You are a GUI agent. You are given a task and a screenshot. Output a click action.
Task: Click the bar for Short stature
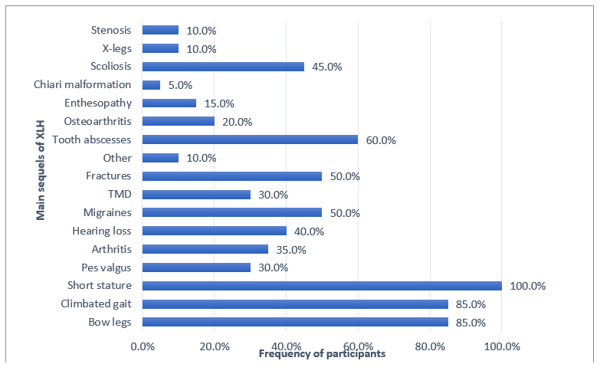point(322,286)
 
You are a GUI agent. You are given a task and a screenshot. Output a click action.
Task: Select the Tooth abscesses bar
point(250,139)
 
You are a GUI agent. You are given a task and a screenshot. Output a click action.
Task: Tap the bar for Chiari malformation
point(151,85)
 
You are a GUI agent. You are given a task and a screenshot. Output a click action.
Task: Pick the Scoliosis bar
point(223,67)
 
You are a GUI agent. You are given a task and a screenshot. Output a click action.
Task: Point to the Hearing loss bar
point(214,231)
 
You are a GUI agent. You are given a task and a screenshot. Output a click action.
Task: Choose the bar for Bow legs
point(295,323)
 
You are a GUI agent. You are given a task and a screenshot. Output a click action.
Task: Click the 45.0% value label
point(327,67)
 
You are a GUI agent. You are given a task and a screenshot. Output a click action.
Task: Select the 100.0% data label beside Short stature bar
point(528,286)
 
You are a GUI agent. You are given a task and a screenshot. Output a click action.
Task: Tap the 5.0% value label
point(181,85)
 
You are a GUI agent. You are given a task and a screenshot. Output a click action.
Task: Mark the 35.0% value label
point(291,249)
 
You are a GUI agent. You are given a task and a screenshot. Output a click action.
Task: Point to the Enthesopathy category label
point(98,103)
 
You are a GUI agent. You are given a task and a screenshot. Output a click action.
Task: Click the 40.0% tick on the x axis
point(286,346)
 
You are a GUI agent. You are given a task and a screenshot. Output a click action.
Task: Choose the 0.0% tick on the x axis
point(143,346)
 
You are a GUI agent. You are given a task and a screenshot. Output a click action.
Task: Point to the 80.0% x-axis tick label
point(430,346)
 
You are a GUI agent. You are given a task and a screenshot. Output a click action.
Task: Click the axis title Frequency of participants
point(322,354)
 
